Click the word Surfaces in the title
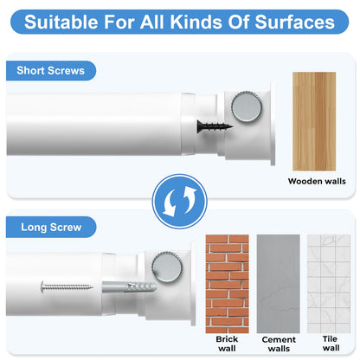[295, 22]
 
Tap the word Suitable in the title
[61, 22]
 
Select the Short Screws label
[50, 71]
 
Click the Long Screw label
[51, 227]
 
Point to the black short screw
[215, 126]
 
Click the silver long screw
[67, 286]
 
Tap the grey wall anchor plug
[129, 287]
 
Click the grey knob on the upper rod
[246, 106]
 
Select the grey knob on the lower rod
[167, 266]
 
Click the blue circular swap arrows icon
[179, 202]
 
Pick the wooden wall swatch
[314, 121]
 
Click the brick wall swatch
[227, 284]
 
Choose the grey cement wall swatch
[279, 284]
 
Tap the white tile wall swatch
[329, 284]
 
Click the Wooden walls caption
[317, 181]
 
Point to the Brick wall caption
[227, 344]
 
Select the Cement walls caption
[279, 344]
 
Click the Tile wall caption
[331, 344]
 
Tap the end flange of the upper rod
[273, 124]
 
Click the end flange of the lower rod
[193, 284]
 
